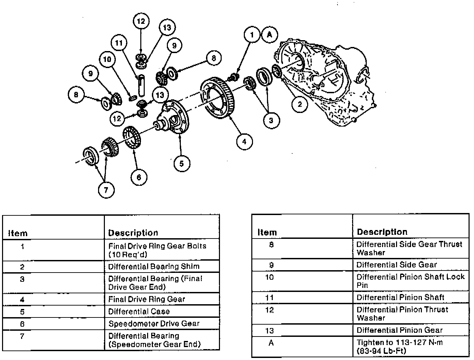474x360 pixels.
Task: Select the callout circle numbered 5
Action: [181, 164]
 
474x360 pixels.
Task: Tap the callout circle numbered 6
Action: [139, 177]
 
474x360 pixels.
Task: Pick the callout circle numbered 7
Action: [106, 190]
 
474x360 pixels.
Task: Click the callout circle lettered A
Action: [270, 35]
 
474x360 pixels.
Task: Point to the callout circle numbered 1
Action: [252, 35]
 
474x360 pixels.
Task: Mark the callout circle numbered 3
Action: [271, 120]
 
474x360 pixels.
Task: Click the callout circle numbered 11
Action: [118, 43]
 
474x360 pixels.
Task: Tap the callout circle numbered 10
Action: [107, 60]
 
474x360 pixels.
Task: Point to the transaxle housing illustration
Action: [327, 82]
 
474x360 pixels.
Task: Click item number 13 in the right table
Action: [270, 330]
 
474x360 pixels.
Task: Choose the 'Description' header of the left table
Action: [133, 233]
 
